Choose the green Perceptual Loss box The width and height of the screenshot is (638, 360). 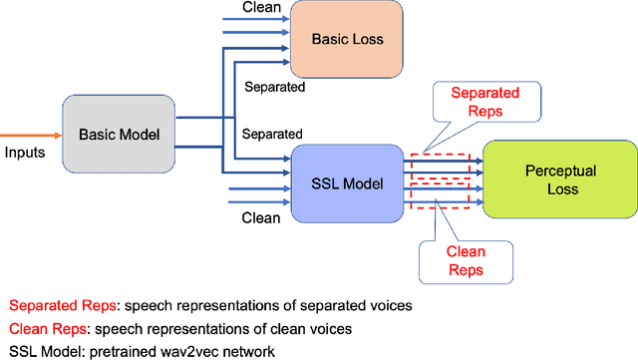[x=558, y=180]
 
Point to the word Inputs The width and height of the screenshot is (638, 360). [x=26, y=153]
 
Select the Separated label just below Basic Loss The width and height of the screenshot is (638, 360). [x=274, y=87]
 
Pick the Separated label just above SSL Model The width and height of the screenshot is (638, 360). [x=274, y=132]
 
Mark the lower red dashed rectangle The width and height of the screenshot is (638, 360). [x=439, y=194]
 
